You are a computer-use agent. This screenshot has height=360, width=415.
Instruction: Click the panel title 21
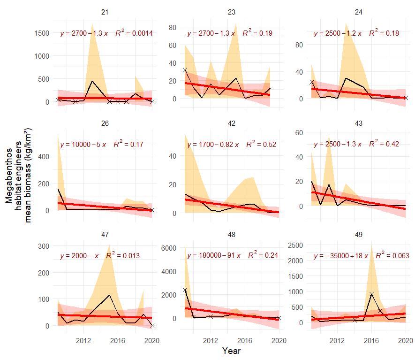105,11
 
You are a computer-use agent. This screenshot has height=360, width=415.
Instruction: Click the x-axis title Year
232,351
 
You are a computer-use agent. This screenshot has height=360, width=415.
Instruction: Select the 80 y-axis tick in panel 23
172,28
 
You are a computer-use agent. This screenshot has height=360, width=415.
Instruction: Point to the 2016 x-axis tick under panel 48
245,340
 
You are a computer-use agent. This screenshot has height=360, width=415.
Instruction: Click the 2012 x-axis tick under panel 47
83,340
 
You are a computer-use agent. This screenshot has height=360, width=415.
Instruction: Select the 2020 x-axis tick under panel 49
406,340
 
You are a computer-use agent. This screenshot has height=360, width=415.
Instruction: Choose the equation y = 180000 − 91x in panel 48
213,256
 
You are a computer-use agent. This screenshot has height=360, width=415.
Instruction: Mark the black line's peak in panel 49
371,294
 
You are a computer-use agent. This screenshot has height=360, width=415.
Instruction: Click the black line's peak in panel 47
109,295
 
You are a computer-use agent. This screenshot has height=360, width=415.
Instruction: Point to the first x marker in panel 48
185,290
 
